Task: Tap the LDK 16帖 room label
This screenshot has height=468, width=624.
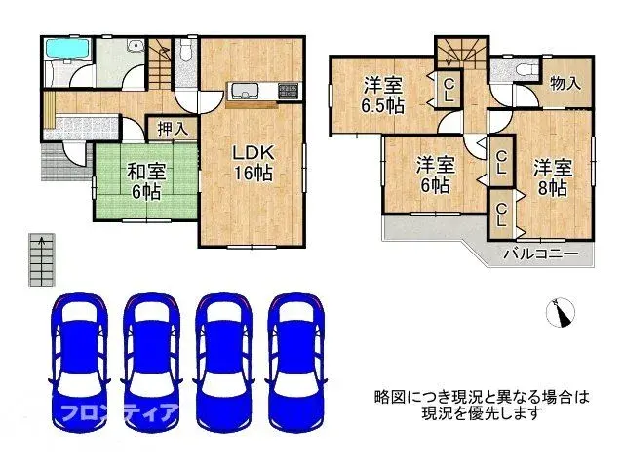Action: (252, 163)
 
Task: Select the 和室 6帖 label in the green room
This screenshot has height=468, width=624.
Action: (145, 180)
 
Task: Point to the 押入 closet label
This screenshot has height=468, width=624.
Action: (174, 128)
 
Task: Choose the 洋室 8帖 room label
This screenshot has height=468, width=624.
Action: (550, 176)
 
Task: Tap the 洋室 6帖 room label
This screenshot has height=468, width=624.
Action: (434, 174)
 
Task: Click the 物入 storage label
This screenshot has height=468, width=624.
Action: (565, 84)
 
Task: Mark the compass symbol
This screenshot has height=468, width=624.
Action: (562, 312)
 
